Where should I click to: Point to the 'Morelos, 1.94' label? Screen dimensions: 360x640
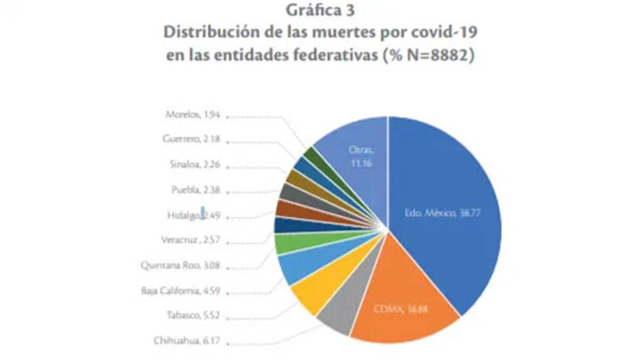point(193,115)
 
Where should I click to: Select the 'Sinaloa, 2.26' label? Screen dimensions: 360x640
point(194,164)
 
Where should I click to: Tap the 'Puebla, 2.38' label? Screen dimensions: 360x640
point(196,189)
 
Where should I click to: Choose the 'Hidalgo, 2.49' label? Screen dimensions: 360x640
point(193,215)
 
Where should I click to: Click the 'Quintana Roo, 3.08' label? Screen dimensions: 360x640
point(180,265)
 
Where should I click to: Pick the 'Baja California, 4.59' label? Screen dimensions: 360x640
point(181,289)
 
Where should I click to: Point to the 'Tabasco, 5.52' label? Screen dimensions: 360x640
point(193,315)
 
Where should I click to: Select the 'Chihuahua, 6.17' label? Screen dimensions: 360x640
point(187,340)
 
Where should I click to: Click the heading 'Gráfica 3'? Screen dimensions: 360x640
point(320,11)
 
